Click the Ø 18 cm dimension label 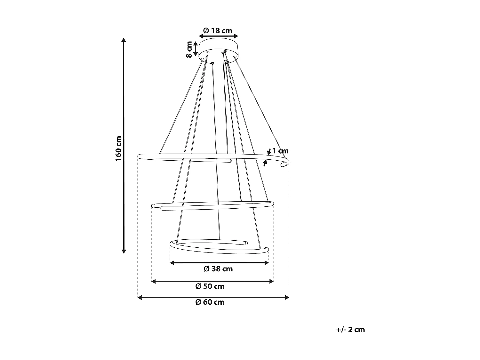tap(218, 31)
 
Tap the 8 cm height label tap(189, 49)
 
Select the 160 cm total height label tap(119, 148)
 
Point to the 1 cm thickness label tap(280, 151)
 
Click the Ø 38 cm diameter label tap(218, 269)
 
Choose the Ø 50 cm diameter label tap(210, 286)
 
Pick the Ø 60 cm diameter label tap(210, 302)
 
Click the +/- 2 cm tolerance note tap(350, 330)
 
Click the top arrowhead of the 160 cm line tap(124, 40)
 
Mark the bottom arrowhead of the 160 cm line tap(124, 251)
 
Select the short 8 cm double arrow tap(196, 49)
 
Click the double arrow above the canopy tap(219, 36)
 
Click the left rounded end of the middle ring tap(153, 205)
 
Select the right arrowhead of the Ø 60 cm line tap(287, 298)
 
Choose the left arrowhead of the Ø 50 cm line tap(153, 281)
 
